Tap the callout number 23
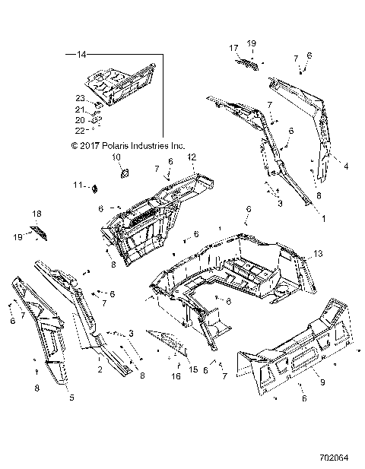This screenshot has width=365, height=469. [x=79, y=97]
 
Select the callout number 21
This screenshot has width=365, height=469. [x=79, y=109]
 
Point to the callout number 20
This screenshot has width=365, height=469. [x=79, y=119]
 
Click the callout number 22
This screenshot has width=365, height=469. [x=79, y=129]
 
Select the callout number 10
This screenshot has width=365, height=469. [x=117, y=157]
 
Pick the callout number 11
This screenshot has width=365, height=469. [x=99, y=185]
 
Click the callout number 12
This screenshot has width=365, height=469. [x=192, y=157]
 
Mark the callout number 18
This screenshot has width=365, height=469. [x=35, y=214]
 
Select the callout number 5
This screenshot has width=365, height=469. [x=71, y=397]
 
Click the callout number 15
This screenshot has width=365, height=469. [x=192, y=370]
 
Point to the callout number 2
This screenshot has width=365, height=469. [x=100, y=369]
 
